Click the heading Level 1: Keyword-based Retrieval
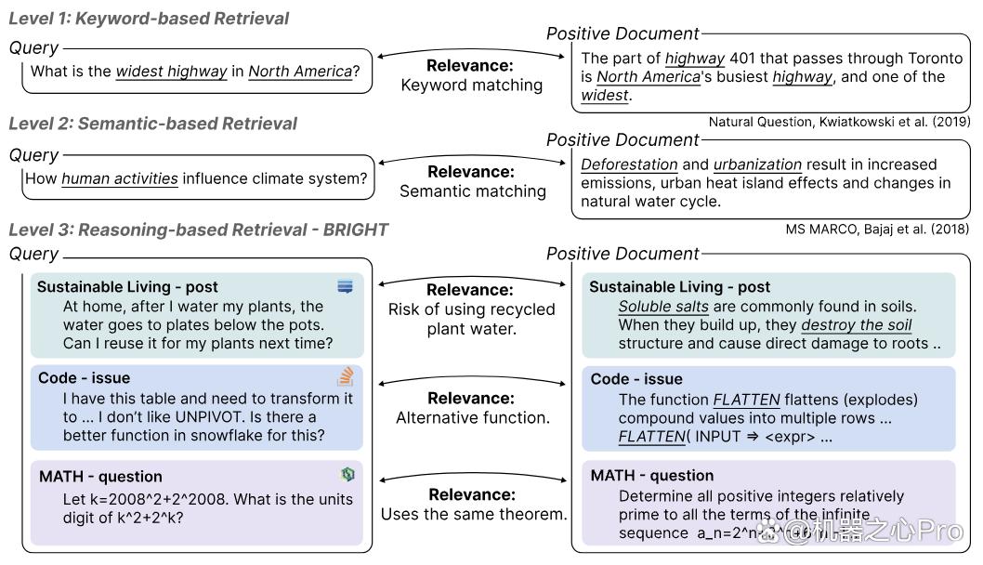[149, 19]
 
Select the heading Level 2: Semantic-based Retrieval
[153, 124]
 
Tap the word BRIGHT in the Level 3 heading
[356, 230]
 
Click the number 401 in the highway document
[742, 59]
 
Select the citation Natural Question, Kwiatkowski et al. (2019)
[839, 122]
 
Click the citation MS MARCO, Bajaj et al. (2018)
[877, 229]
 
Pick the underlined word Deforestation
[629, 164]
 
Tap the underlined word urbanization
[757, 164]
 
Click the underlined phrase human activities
[120, 178]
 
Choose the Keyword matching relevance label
[471, 85]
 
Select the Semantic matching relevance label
[473, 191]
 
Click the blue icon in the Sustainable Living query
[345, 286]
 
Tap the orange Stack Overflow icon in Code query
[346, 376]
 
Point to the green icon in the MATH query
[347, 474]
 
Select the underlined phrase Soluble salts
[663, 307]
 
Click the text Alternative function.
[473, 417]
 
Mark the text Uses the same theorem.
[473, 514]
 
